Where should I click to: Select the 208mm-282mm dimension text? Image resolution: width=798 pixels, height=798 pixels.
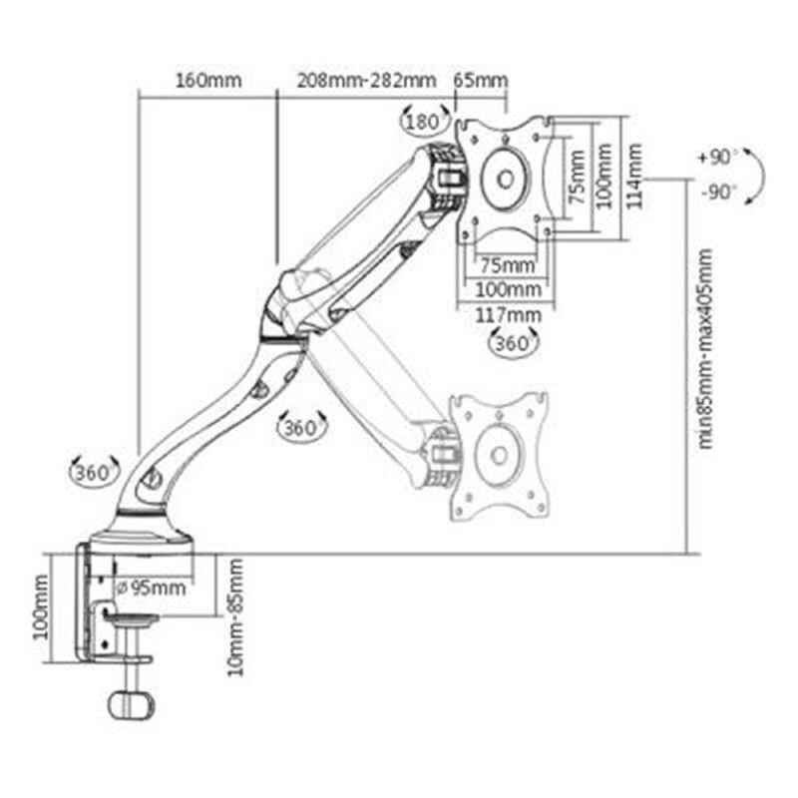click(366, 81)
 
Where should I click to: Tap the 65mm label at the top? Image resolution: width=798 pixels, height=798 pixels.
click(481, 81)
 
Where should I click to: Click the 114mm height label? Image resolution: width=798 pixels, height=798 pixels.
click(635, 176)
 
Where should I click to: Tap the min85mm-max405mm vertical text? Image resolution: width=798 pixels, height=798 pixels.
click(706, 349)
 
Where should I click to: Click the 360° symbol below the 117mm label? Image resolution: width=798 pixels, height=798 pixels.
click(515, 342)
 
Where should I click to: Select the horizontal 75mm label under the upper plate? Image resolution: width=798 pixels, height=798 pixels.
click(507, 266)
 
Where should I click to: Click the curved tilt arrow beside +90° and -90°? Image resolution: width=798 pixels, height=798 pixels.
click(754, 176)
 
